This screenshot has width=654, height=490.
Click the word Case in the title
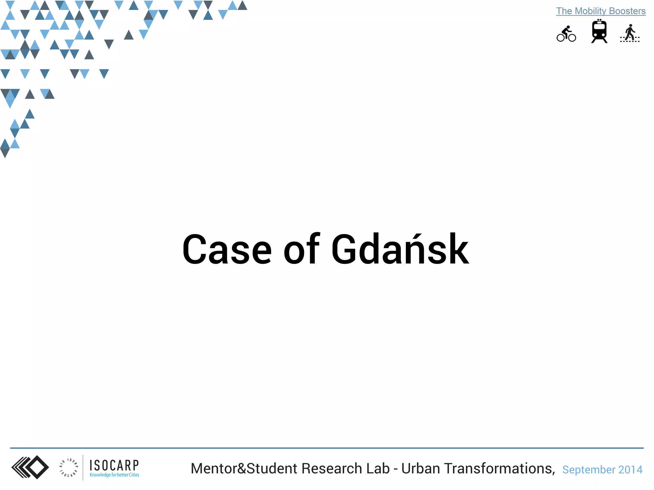click(227, 249)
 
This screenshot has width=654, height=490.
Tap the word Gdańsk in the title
click(400, 249)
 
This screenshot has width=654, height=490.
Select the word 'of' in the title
click(301, 249)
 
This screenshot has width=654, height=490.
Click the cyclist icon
click(566, 34)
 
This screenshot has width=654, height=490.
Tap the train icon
click(599, 31)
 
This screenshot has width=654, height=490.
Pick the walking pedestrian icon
click(630, 33)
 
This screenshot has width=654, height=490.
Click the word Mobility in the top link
click(590, 11)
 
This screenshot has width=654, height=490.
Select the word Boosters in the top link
click(627, 11)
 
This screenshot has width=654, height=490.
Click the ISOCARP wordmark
click(114, 465)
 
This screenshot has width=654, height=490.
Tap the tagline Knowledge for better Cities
click(114, 475)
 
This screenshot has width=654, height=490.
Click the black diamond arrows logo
click(30, 467)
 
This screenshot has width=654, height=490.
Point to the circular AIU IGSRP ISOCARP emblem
click(68, 468)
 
